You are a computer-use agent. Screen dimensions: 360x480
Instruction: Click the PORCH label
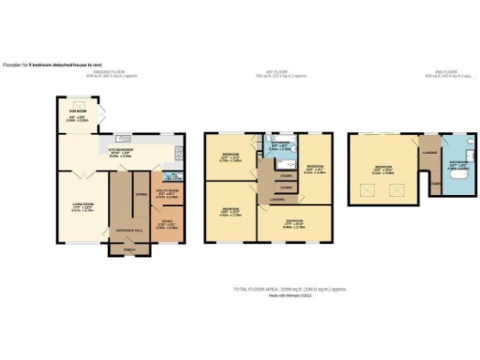tap(123, 249)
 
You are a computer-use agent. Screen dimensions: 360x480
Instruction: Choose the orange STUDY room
tap(169, 224)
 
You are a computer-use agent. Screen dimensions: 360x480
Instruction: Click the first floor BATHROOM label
tap(277, 143)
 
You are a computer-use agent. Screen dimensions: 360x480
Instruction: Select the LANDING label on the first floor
tap(277, 199)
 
